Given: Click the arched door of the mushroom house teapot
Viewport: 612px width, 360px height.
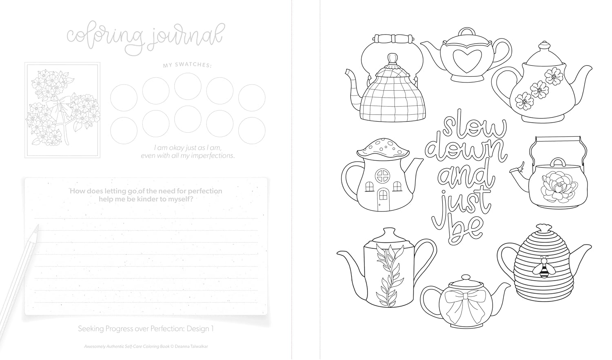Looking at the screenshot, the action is pos(383,200).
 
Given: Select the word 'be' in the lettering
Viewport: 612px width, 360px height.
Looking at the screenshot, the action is pos(464,230).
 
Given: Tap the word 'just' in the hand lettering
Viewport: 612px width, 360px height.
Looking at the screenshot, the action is pos(460,205).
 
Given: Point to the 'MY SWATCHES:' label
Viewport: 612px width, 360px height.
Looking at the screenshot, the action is pos(187,65).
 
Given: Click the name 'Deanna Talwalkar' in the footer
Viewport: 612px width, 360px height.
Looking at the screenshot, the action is pos(191,347).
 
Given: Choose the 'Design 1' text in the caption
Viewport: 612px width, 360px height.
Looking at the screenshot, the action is pos(200,328).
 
